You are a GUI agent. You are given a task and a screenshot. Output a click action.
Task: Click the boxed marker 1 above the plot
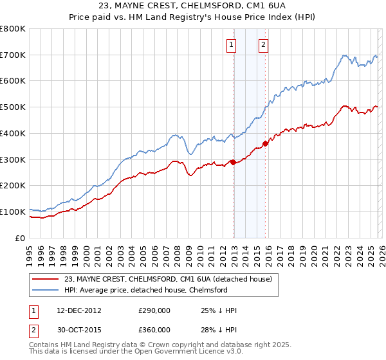click(231, 44)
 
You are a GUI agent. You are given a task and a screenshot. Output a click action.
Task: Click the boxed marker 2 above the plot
click(264, 44)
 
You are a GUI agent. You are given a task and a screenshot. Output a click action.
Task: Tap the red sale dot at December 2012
click(233, 162)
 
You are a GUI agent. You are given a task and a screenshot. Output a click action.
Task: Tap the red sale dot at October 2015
click(266, 143)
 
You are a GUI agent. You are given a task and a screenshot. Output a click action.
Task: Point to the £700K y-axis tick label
click(13, 55)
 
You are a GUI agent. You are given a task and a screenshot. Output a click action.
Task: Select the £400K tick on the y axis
click(13, 133)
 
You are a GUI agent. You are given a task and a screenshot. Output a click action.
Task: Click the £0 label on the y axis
click(21, 238)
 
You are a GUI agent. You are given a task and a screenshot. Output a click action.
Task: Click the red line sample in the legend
click(45, 279)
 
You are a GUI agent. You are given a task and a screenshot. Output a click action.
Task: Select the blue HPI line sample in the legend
click(45, 290)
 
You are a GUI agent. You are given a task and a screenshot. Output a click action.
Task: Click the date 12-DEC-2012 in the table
click(78, 310)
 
